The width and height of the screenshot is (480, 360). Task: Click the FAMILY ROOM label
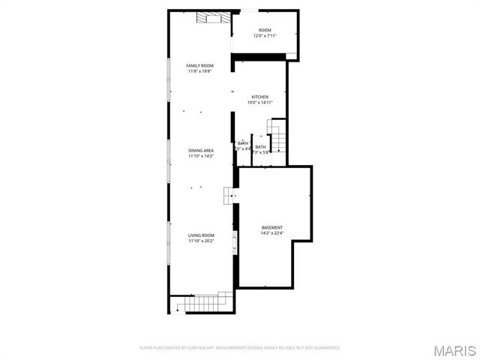click(x=200, y=66)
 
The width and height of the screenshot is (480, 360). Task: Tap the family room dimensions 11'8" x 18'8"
click(x=200, y=71)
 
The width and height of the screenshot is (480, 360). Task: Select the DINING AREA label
click(x=201, y=151)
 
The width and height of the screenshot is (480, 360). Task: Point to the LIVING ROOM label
click(x=201, y=235)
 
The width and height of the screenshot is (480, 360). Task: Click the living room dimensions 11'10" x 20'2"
click(x=201, y=241)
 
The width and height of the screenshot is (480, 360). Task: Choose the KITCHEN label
click(x=259, y=97)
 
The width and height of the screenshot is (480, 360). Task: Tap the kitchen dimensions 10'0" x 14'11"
click(x=259, y=103)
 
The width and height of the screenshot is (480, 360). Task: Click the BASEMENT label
click(x=272, y=227)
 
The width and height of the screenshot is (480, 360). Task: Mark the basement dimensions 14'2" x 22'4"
click(x=272, y=232)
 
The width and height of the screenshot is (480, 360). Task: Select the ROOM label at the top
click(x=265, y=31)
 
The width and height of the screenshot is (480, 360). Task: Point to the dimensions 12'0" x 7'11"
click(x=265, y=36)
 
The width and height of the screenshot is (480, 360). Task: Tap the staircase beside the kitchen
click(x=278, y=137)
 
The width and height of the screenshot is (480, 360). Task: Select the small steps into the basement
click(x=228, y=196)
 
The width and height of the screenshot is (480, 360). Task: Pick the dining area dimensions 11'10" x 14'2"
click(x=201, y=156)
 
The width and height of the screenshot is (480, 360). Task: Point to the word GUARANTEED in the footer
click(x=326, y=348)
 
